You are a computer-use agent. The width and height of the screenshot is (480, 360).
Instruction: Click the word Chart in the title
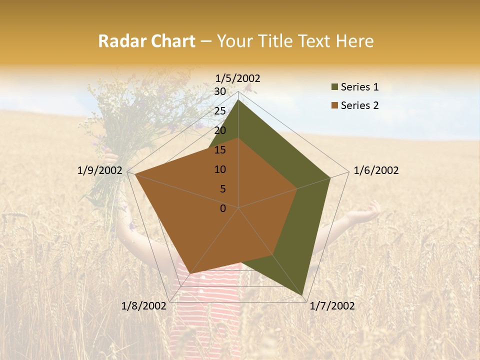tap(171, 41)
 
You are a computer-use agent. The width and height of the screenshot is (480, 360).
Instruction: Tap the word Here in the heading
tap(355, 41)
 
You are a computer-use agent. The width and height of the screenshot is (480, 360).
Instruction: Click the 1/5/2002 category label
tap(238, 78)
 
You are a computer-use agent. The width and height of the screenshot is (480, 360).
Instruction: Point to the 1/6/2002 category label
tap(376, 170)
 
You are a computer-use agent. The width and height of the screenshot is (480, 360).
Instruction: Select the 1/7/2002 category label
tap(332, 306)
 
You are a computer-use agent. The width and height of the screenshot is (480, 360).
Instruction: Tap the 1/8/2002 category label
tap(144, 306)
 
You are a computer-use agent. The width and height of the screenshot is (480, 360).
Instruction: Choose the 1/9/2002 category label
tap(100, 170)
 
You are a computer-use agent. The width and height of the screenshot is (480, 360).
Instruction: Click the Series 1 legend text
tap(359, 87)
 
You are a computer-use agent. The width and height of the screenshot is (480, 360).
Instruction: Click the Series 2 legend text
tap(359, 105)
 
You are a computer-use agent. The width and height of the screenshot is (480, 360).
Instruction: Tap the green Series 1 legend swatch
tap(334, 87)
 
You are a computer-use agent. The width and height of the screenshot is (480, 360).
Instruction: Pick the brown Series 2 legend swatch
tap(334, 105)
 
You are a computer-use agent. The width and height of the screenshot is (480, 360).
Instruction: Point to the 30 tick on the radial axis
tap(220, 91)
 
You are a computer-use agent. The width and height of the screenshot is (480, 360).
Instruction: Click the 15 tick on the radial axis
tap(220, 150)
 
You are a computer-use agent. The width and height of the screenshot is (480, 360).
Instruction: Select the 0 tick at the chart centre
tap(223, 208)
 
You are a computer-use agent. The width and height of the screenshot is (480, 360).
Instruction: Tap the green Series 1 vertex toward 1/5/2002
tap(238, 100)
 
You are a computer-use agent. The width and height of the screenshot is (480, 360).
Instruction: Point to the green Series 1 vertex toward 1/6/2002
tap(330, 177)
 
